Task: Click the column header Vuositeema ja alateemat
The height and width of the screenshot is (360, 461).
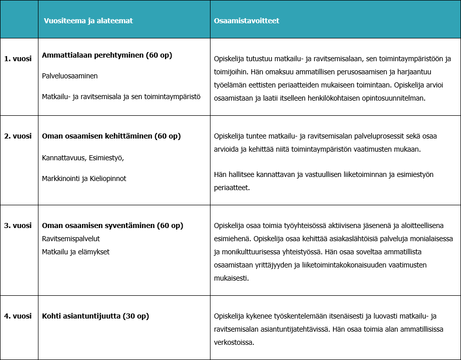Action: coord(89,21)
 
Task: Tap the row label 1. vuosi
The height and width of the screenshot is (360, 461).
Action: coord(18,59)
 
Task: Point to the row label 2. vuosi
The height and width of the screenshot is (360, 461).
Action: coord(18,136)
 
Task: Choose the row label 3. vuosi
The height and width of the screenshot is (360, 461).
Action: coord(18,226)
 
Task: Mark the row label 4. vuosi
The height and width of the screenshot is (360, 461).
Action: coord(18,316)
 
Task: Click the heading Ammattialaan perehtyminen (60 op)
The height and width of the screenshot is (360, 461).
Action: coord(107,56)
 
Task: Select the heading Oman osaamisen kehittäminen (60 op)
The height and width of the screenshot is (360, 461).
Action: coord(111,136)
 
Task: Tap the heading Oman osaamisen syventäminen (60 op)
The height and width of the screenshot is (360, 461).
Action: coord(112,226)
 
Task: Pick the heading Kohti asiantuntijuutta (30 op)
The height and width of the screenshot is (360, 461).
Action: coord(96,316)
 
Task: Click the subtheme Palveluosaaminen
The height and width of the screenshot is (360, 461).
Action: coord(70,76)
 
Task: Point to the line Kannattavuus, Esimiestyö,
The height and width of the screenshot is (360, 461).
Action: coord(83,158)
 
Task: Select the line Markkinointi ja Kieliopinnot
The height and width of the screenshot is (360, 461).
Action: coord(84,178)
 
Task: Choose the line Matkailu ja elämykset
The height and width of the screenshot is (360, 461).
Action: coord(76,252)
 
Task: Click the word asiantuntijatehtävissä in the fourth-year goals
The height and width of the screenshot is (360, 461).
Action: coord(296,329)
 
